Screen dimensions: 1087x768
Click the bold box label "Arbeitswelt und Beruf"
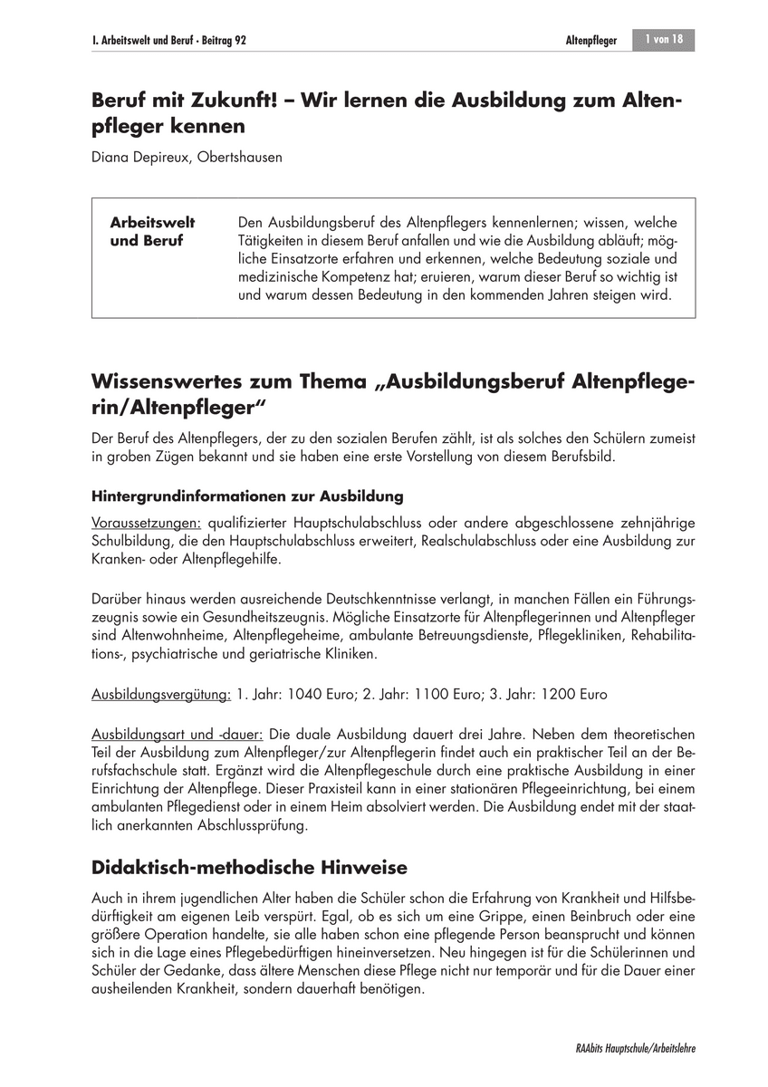click(151, 232)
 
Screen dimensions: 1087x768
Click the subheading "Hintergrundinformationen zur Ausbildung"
click(247, 496)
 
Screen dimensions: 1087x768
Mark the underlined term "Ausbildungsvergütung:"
click(162, 694)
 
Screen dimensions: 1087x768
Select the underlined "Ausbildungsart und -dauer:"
click(178, 733)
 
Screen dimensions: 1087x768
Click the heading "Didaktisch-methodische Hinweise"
click(249, 868)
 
